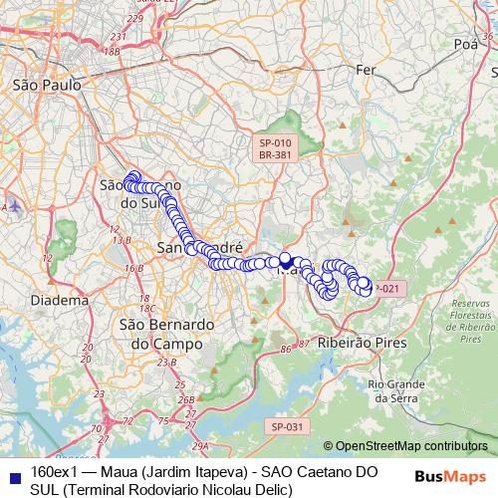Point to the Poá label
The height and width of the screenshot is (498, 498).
click(465, 45)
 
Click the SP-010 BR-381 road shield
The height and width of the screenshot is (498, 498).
click(271, 148)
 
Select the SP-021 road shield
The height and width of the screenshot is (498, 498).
click(386, 289)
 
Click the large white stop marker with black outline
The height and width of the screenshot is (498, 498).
click(286, 263)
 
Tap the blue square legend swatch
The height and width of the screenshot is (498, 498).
click(12, 471)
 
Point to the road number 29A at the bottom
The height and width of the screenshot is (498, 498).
click(200, 445)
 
